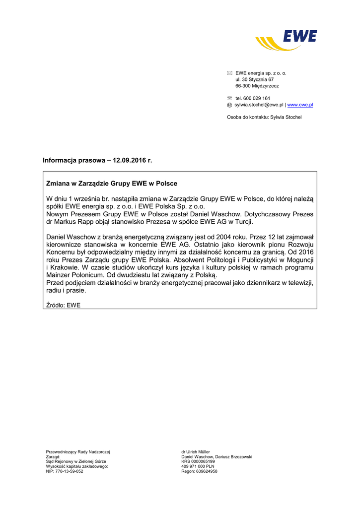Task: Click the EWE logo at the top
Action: (287, 40)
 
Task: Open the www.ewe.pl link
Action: (300, 105)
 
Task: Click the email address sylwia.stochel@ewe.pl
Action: (259, 105)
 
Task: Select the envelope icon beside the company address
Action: (229, 73)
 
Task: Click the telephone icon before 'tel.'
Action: (229, 98)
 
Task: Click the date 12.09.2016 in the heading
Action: (130, 160)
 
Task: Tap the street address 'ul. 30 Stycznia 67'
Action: (254, 79)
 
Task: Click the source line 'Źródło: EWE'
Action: (63, 305)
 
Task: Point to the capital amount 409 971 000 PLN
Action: (198, 466)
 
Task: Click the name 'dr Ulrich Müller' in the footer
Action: (196, 451)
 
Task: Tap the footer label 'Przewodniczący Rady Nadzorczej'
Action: (77, 451)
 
